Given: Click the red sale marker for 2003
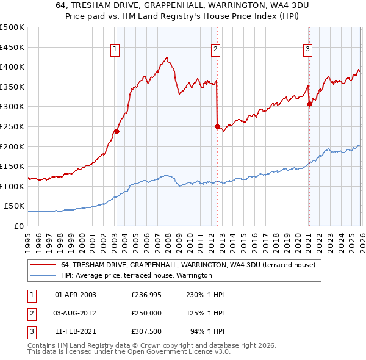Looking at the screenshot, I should [x=117, y=131].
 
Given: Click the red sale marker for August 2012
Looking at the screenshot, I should [x=217, y=126].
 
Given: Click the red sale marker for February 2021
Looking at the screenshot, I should [x=309, y=104].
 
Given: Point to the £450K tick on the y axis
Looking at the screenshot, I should [x=12, y=47].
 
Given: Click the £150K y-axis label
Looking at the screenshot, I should [x=12, y=167].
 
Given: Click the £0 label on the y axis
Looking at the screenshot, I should [x=18, y=226].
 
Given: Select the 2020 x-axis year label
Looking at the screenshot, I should [x=297, y=237].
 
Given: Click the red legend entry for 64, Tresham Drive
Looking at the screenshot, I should [x=188, y=265].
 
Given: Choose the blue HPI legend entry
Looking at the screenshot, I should [x=136, y=275].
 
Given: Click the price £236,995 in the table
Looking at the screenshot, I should [x=146, y=295].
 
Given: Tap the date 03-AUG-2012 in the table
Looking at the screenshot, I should [x=76, y=313].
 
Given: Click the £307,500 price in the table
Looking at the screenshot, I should [x=146, y=331].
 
